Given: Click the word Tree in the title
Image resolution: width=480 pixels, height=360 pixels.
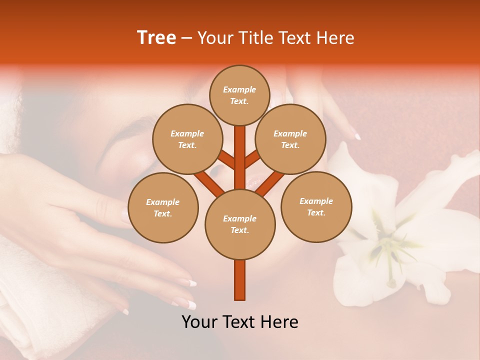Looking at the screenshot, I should pyautogui.click(x=156, y=38).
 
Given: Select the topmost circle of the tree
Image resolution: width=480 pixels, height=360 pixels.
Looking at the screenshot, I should pyautogui.click(x=240, y=95).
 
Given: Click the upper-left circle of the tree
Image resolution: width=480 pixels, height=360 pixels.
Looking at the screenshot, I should pyautogui.click(x=187, y=139).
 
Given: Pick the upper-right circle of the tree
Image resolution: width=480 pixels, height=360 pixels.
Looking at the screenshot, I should pyautogui.click(x=290, y=139).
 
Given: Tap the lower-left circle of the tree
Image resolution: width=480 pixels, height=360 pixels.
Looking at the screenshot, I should pyautogui.click(x=163, y=207).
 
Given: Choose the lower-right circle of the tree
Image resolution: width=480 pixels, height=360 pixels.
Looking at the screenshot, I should pyautogui.click(x=316, y=206).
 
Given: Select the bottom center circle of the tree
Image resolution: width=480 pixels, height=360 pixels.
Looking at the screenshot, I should pyautogui.click(x=240, y=224).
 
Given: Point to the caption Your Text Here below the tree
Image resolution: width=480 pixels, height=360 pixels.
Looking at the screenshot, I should pyautogui.click(x=240, y=322).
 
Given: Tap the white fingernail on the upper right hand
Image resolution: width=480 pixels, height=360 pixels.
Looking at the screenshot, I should pyautogui.click(x=357, y=136).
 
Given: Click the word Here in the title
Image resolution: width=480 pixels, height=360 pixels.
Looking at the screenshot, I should pyautogui.click(x=337, y=38).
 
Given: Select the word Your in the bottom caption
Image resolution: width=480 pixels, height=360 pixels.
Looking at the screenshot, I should pyautogui.click(x=198, y=322).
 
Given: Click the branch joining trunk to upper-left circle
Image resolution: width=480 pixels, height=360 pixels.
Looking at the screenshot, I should pyautogui.click(x=226, y=159).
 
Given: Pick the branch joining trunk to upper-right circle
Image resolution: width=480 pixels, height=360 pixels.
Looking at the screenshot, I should pyautogui.click(x=253, y=159).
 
